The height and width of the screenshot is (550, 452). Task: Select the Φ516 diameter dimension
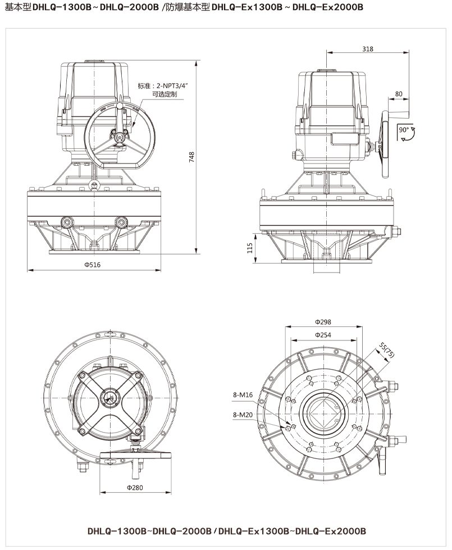coord(93,265)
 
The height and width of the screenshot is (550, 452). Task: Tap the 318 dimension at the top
coord(368,49)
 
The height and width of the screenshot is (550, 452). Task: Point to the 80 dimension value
coord(399,93)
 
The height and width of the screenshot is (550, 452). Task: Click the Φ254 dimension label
coord(323,335)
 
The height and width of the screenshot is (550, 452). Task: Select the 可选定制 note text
coord(165,95)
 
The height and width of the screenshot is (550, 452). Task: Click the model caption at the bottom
coord(226,530)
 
